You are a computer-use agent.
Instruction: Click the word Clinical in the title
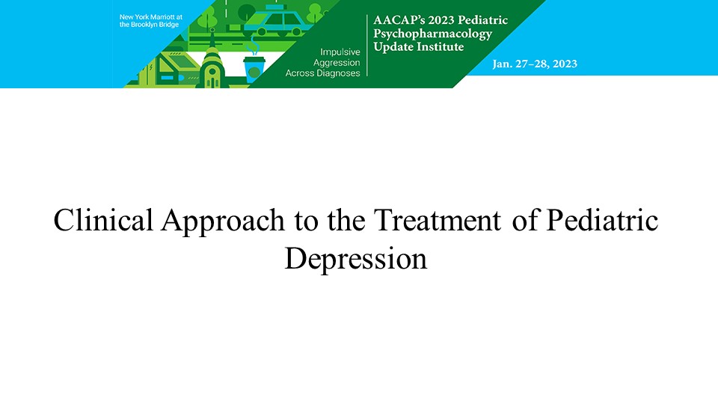(103, 220)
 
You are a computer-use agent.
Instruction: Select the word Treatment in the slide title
(437, 220)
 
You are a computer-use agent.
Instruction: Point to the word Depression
(356, 260)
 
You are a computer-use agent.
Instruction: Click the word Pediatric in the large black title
(602, 220)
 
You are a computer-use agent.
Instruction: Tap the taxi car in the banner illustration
(274, 21)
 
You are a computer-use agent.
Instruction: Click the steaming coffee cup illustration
(254, 64)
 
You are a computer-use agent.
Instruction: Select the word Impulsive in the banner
(340, 52)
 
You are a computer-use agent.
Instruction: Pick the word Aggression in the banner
(337, 63)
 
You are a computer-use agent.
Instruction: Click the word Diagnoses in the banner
(338, 73)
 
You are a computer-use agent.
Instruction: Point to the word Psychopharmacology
(433, 34)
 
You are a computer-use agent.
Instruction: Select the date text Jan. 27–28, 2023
(535, 64)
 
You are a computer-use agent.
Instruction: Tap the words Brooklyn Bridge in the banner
(155, 25)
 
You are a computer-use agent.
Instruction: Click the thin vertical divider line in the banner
(367, 46)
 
